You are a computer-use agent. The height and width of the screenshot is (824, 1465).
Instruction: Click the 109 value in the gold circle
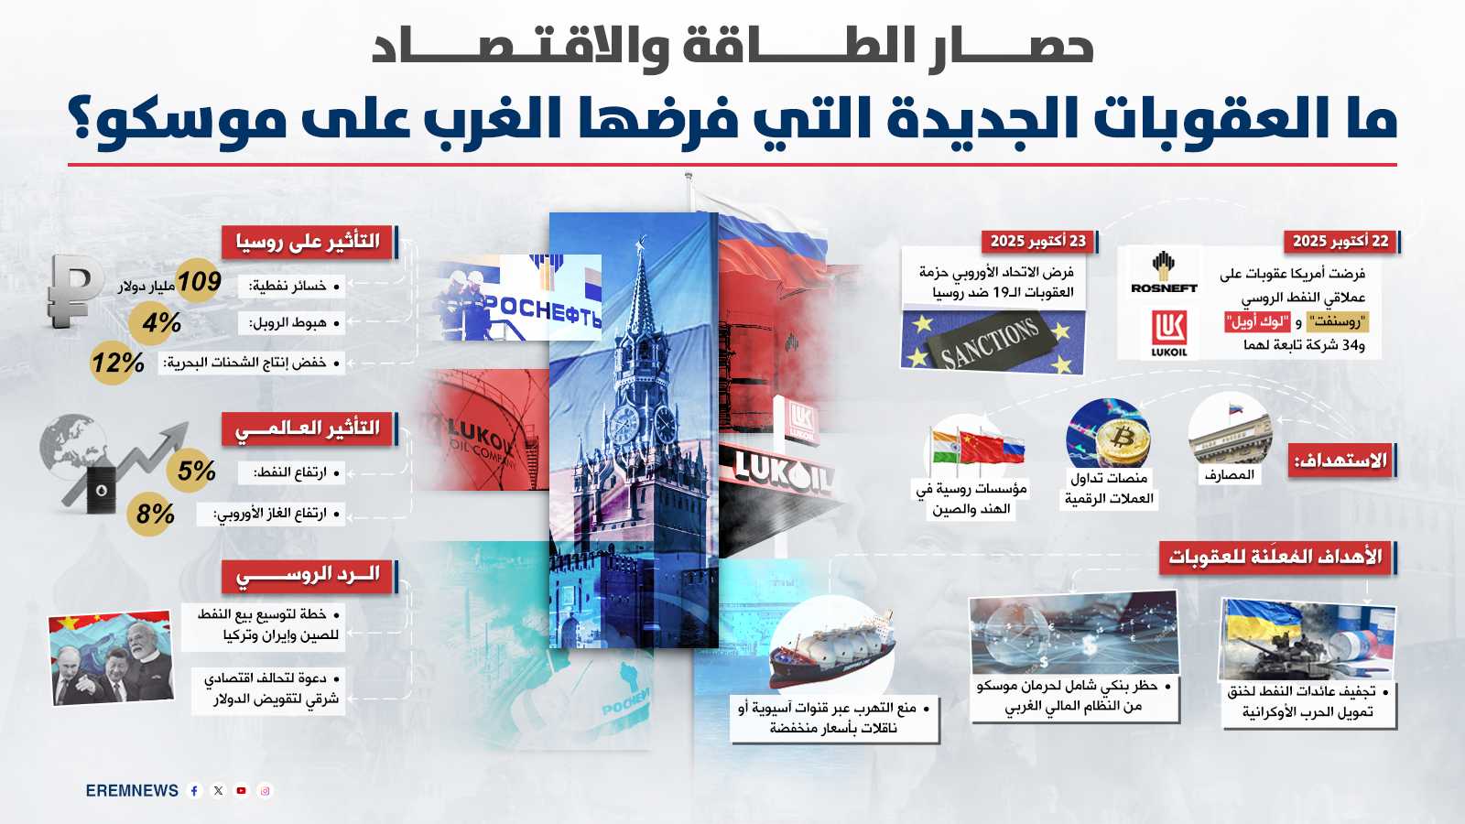pyautogui.click(x=199, y=282)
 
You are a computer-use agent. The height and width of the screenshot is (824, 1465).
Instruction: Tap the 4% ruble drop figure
pyautogui.click(x=161, y=322)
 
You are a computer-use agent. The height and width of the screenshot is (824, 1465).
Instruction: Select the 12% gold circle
pyautogui.click(x=117, y=363)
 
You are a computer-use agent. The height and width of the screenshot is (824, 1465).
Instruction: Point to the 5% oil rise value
pyautogui.click(x=196, y=471)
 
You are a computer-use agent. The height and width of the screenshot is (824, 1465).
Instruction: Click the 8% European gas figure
pyautogui.click(x=155, y=514)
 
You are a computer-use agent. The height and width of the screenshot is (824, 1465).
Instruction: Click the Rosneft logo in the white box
pyautogui.click(x=1164, y=273)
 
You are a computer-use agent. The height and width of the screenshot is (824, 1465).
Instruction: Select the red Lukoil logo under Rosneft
pyautogui.click(x=1168, y=332)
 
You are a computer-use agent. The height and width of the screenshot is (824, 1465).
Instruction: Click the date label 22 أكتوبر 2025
pyautogui.click(x=1340, y=241)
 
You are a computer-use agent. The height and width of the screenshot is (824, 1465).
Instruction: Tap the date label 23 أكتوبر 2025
pyautogui.click(x=1038, y=241)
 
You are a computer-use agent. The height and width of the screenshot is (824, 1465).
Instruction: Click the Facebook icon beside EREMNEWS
pyautogui.click(x=194, y=791)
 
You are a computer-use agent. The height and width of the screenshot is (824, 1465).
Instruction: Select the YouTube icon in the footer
pyautogui.click(x=242, y=791)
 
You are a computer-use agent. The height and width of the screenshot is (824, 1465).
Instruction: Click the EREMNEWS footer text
pyautogui.click(x=132, y=791)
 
